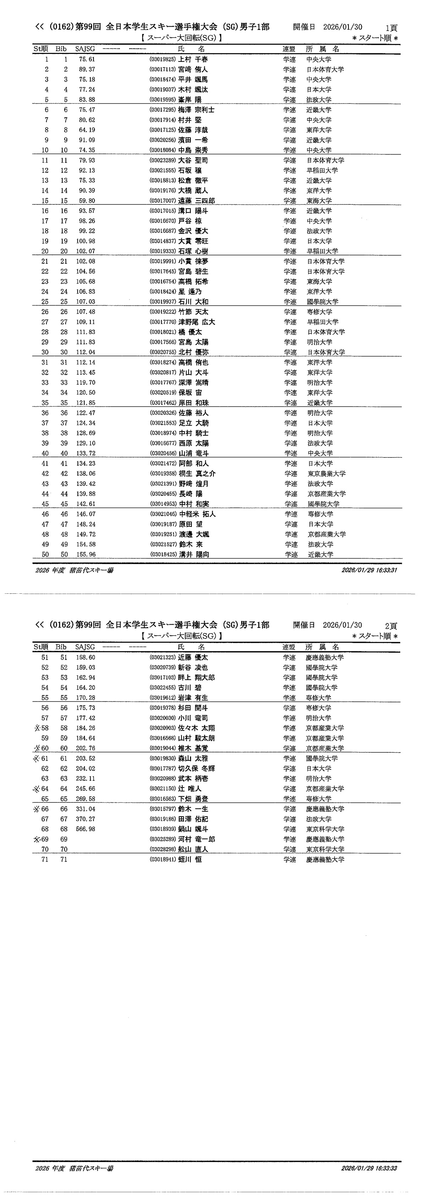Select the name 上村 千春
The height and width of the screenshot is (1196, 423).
tap(193, 59)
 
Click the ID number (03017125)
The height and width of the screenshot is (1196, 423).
tap(162, 130)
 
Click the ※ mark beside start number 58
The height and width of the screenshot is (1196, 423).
tap(37, 728)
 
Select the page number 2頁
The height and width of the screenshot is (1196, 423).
tap(391, 626)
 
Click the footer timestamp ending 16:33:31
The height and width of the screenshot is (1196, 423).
tap(369, 570)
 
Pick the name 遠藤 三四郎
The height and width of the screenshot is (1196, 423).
tap(196, 201)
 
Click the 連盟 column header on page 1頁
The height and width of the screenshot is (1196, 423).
tap(289, 49)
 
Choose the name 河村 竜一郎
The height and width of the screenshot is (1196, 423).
tap(196, 839)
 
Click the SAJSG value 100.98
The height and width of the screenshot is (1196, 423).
tap(86, 241)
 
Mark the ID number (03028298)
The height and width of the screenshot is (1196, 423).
tap(162, 849)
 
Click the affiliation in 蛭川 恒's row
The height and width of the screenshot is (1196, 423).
tap(325, 860)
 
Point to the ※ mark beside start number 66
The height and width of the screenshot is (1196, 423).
tap(37, 809)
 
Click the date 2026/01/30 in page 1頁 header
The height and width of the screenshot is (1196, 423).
tap(343, 27)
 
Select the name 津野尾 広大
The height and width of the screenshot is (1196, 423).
tap(197, 322)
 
